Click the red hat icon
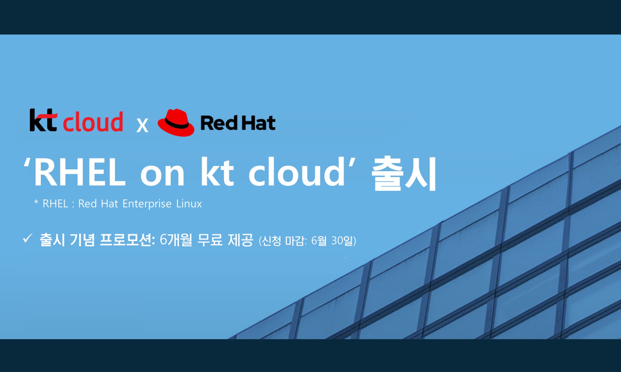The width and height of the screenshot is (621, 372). coord(176,122)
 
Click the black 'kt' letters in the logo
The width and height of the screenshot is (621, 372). coord(43,120)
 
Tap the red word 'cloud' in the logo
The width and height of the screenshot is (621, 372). coord(93,122)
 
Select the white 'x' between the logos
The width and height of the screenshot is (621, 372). coord(142,125)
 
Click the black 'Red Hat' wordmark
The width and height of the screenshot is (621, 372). coord(238,123)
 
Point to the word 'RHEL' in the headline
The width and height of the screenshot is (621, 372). coord(79,173)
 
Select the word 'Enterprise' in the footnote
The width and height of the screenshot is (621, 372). coord(147,204)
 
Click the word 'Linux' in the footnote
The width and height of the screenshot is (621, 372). coord(189,204)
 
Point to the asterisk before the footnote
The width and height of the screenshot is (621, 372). coord(36,202)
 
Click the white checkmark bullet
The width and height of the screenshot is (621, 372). coord(27,238)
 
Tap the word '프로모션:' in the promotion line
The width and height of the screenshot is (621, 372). coord(127,240)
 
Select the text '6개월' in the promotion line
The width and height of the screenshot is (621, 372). coord(176,240)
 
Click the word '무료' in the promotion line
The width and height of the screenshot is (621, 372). coord(210,240)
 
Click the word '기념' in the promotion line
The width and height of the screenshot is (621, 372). coord(82,240)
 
